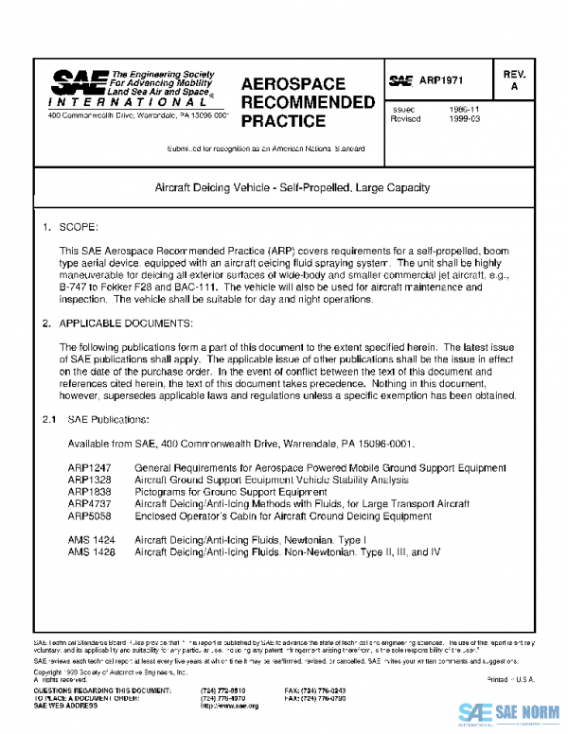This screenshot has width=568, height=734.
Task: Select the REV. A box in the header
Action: [x=514, y=80]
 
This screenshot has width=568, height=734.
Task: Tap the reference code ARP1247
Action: [x=89, y=469]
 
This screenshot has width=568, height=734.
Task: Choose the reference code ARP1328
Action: [x=89, y=481]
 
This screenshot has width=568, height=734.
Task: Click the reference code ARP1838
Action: [x=89, y=493]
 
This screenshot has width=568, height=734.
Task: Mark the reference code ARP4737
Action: [x=89, y=505]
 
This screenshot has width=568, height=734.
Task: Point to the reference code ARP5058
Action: [x=89, y=517]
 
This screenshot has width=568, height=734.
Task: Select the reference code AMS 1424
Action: [x=91, y=538]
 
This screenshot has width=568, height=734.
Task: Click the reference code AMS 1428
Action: [x=91, y=550]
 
